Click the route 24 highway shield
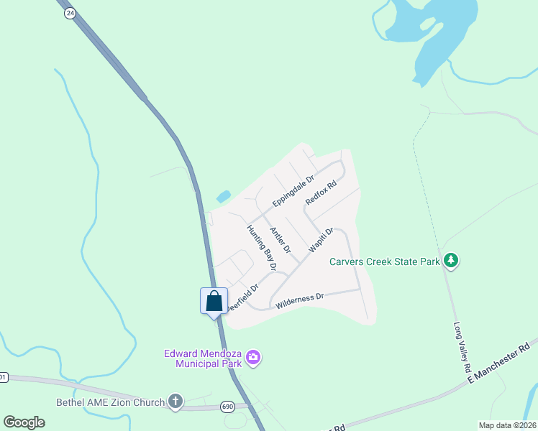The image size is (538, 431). (x=69, y=13)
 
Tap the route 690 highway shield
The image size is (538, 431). (x=228, y=407)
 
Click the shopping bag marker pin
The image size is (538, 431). (x=214, y=300)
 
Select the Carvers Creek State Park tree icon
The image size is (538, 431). (x=451, y=260)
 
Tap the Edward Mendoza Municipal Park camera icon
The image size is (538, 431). (x=252, y=357)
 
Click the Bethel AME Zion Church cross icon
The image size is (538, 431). (x=175, y=402)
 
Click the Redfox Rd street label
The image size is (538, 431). (x=321, y=192)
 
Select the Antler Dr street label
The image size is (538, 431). (x=280, y=240)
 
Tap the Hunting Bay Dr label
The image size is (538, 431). (x=262, y=248)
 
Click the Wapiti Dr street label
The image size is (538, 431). (x=321, y=240)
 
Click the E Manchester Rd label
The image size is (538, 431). (x=499, y=361)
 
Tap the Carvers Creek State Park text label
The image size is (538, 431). (x=385, y=261)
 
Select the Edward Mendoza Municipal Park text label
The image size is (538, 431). (x=203, y=358)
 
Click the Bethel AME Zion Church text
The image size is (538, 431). (x=111, y=402)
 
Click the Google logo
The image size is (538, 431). (x=24, y=422)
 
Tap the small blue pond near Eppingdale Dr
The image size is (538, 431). (x=224, y=195)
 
